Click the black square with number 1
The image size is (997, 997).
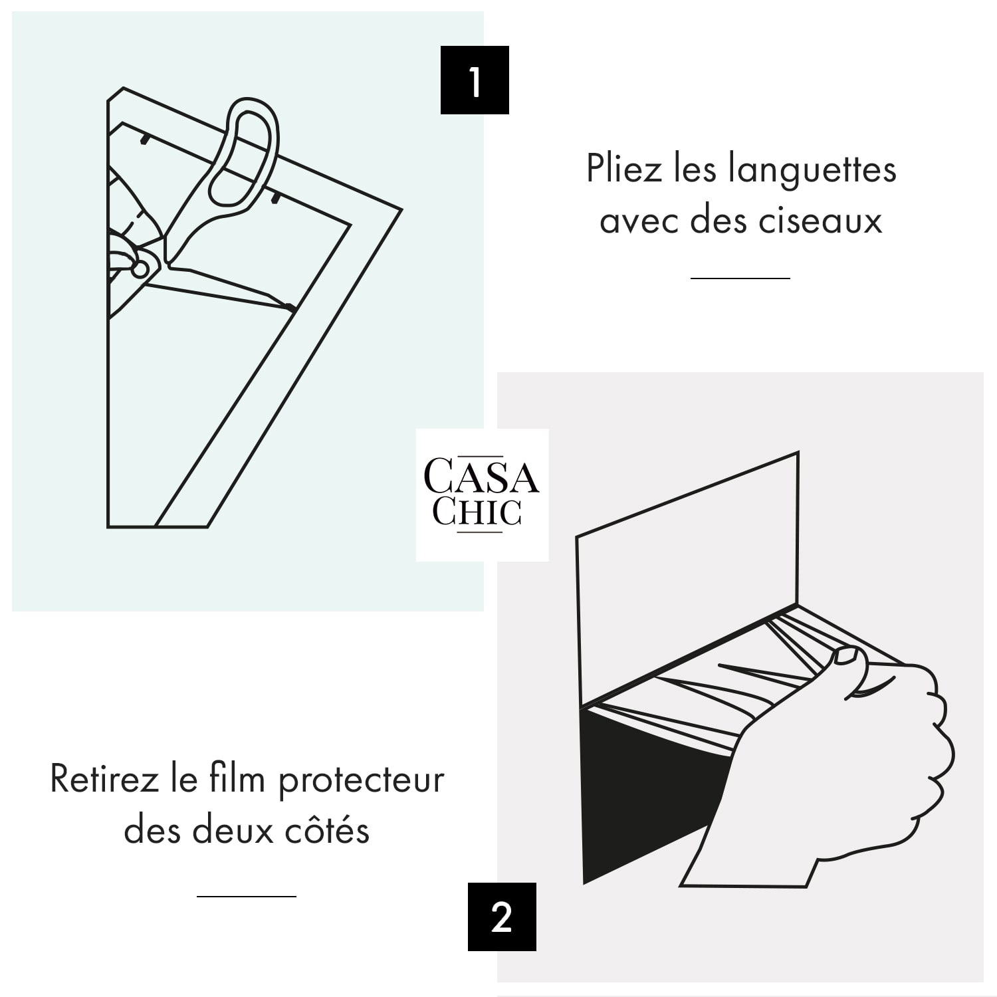coord(475,80)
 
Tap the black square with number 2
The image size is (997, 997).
coord(502,917)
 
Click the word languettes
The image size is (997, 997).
coord(812,169)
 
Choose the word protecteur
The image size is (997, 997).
coord(361,780)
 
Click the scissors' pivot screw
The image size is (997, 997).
coord(140,269)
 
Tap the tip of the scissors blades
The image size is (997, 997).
coord(292,308)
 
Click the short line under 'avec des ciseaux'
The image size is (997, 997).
coord(740,278)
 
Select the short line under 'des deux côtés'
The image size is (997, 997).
coord(246,896)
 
